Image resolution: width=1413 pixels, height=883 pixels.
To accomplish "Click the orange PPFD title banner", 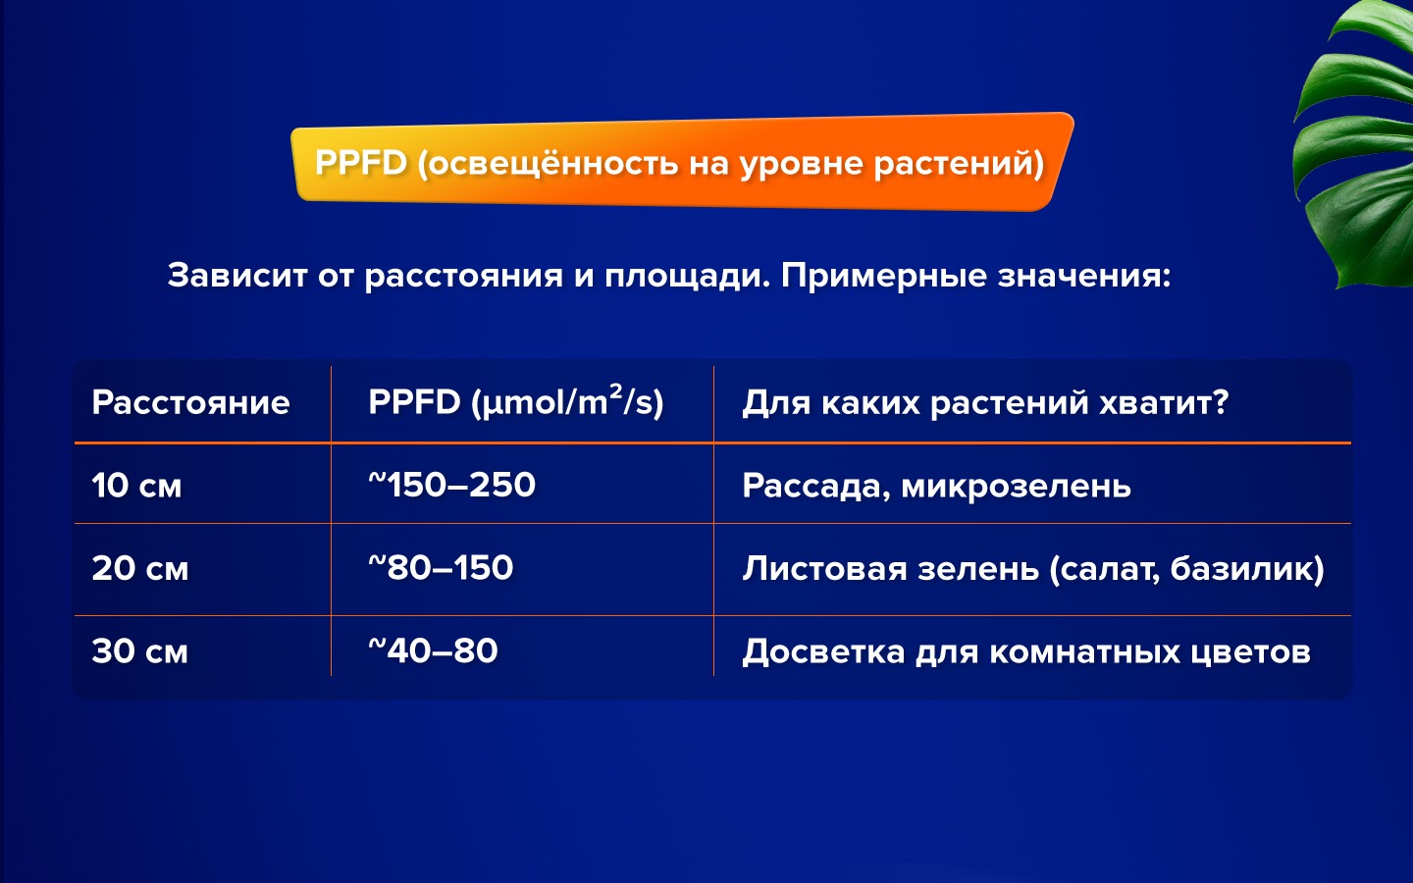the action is point(681,162).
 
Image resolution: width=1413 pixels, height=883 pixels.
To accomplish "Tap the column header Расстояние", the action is point(190,402).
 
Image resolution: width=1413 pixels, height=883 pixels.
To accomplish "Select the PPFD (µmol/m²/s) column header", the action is point(516,401).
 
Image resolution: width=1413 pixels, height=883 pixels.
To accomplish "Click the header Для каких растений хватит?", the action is point(985,402).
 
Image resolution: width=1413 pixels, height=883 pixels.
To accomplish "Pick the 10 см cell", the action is point(137,486).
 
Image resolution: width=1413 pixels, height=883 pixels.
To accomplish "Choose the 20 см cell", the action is point(140,568).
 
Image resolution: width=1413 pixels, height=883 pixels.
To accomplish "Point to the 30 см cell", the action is point(140,650).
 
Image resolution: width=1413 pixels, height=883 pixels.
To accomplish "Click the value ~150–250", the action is point(451,485).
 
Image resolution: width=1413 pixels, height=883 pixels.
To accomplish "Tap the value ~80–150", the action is point(441,567).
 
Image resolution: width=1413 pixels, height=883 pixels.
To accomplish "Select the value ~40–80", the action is point(434,650).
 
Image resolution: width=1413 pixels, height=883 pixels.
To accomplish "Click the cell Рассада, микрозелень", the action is point(937,487).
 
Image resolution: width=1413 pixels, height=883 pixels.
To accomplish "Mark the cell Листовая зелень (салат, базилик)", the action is point(1033,569).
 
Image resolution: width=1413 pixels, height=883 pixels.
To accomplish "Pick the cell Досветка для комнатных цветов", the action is point(1026,651).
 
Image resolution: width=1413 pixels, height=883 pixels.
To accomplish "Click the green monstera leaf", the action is point(1356,145).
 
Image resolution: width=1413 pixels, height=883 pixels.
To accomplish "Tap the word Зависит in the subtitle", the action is point(237,276).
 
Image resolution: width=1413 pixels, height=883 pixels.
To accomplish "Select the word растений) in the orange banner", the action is point(959,164).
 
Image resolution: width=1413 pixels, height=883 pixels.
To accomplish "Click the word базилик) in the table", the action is point(1247,569).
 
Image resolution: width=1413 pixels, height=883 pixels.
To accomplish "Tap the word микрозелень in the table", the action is point(1017,487).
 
